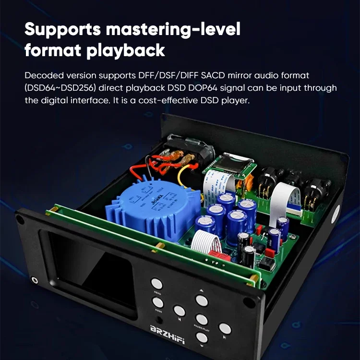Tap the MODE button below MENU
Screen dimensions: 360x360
[157, 302]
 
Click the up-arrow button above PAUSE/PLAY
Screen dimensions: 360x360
[202, 301]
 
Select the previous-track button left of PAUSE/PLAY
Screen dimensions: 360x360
[179, 311]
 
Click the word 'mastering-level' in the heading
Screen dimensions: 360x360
[175, 30]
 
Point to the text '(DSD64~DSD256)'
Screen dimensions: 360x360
[55, 88]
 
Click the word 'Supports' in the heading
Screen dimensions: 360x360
[63, 30]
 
